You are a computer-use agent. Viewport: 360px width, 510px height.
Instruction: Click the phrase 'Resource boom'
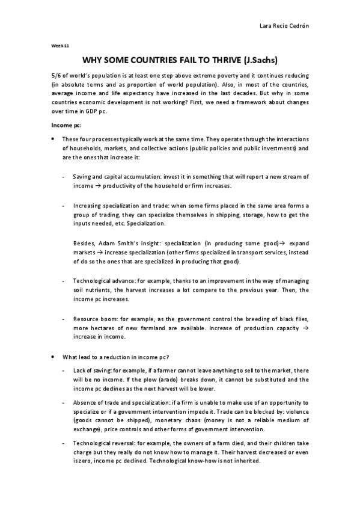(93, 317)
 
